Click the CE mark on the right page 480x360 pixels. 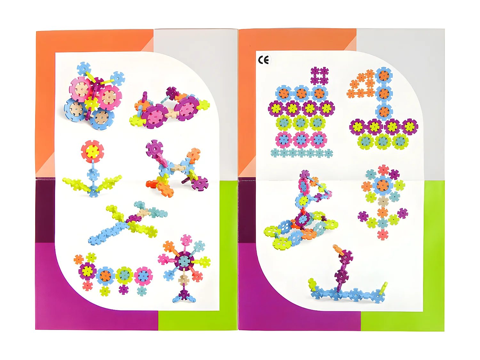(263, 60)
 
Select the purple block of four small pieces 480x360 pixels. (319, 76)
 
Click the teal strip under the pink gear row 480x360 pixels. (301, 153)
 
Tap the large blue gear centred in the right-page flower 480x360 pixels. (383, 185)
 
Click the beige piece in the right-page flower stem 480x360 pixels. (383, 201)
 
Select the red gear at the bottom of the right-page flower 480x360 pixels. (383, 235)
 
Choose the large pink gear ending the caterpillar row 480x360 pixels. (143, 276)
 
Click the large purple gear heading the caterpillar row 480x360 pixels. (87, 271)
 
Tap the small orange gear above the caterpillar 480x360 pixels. (78, 259)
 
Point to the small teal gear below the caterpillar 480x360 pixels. (142, 291)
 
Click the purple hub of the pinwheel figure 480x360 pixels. (184, 261)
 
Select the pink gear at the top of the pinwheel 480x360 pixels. (186, 239)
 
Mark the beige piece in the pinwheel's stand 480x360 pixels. (184, 280)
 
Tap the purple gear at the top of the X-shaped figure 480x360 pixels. (154, 148)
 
